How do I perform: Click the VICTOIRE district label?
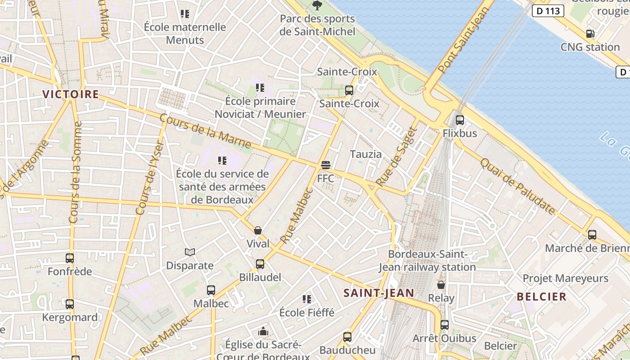click(70, 94)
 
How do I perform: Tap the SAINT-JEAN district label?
click(378, 293)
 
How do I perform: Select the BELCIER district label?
click(541, 297)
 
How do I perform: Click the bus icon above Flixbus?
click(459, 120)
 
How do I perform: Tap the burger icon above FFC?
click(326, 165)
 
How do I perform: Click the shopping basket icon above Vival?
click(258, 230)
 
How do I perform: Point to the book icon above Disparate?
click(190, 252)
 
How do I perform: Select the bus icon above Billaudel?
click(260, 264)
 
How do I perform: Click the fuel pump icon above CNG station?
click(590, 34)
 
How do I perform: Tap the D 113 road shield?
click(548, 11)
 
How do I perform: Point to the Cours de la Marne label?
click(205, 131)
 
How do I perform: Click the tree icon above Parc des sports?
click(317, 5)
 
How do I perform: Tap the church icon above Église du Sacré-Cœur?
click(263, 332)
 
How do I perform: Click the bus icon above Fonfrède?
click(70, 258)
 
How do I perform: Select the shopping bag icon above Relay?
click(441, 285)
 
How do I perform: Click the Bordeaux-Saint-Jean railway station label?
click(427, 261)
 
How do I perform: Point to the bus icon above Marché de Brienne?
click(592, 235)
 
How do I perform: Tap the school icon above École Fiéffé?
click(307, 299)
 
